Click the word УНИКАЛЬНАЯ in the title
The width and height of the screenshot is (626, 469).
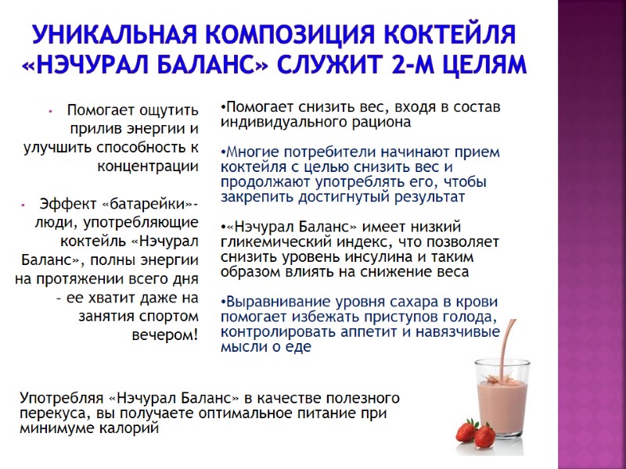[x=114, y=35]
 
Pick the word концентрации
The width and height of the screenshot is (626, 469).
[x=148, y=166]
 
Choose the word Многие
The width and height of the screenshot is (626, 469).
[x=250, y=152]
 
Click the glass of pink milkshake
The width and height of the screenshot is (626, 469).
[x=498, y=399]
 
